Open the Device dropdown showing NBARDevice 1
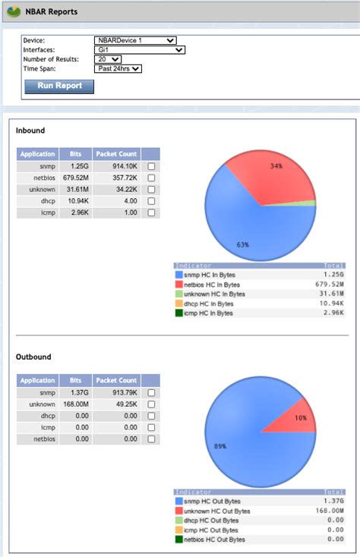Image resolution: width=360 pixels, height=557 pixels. [135, 40]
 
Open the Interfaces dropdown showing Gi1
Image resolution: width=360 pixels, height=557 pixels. [140, 50]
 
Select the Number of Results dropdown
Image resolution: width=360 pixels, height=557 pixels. [108, 59]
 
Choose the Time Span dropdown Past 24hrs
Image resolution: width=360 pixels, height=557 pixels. [118, 68]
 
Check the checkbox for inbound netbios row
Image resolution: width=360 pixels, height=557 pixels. [152, 178]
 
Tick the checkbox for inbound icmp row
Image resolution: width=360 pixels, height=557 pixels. [152, 212]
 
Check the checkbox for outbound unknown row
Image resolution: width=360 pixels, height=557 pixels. [152, 404]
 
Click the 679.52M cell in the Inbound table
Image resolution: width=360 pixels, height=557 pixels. [76, 178]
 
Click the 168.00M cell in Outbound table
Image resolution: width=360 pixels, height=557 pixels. [76, 404]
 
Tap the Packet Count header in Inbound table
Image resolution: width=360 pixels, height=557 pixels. [118, 153]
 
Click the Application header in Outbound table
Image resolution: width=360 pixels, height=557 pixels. [37, 380]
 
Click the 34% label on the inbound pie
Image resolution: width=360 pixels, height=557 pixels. [276, 165]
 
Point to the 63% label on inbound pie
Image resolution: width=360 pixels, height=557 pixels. [243, 245]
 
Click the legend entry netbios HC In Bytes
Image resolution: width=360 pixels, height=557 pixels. [215, 284]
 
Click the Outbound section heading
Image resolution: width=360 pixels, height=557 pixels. [34, 357]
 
